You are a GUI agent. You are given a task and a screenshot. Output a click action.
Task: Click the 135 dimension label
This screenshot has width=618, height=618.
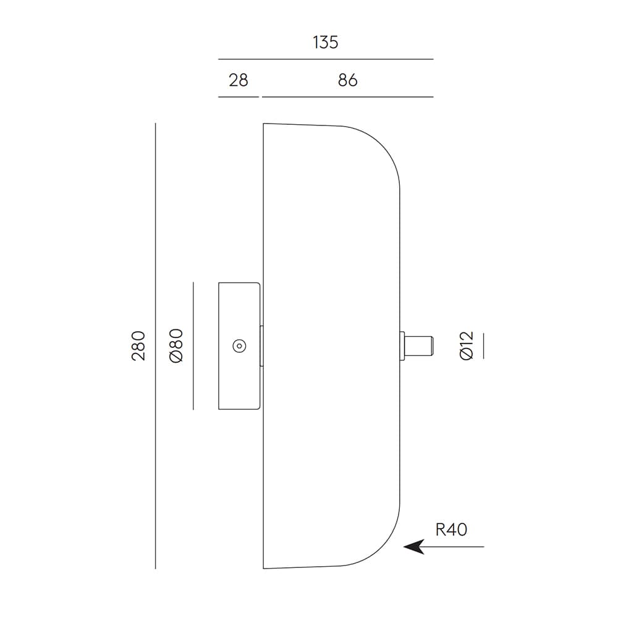(325, 43)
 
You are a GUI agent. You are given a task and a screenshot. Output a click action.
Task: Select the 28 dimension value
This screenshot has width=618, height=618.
(239, 80)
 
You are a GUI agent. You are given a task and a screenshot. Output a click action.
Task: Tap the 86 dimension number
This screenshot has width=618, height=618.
(347, 80)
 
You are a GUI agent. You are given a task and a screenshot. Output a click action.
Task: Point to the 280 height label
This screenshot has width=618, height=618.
(138, 345)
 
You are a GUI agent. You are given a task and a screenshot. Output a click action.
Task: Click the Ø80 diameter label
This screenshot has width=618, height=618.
(176, 346)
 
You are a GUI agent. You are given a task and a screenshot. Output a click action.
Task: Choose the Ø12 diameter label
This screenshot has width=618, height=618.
(467, 345)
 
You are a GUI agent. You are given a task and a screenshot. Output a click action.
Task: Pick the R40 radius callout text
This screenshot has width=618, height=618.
(451, 530)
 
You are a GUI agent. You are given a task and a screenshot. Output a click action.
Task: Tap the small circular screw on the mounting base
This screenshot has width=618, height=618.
(239, 346)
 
